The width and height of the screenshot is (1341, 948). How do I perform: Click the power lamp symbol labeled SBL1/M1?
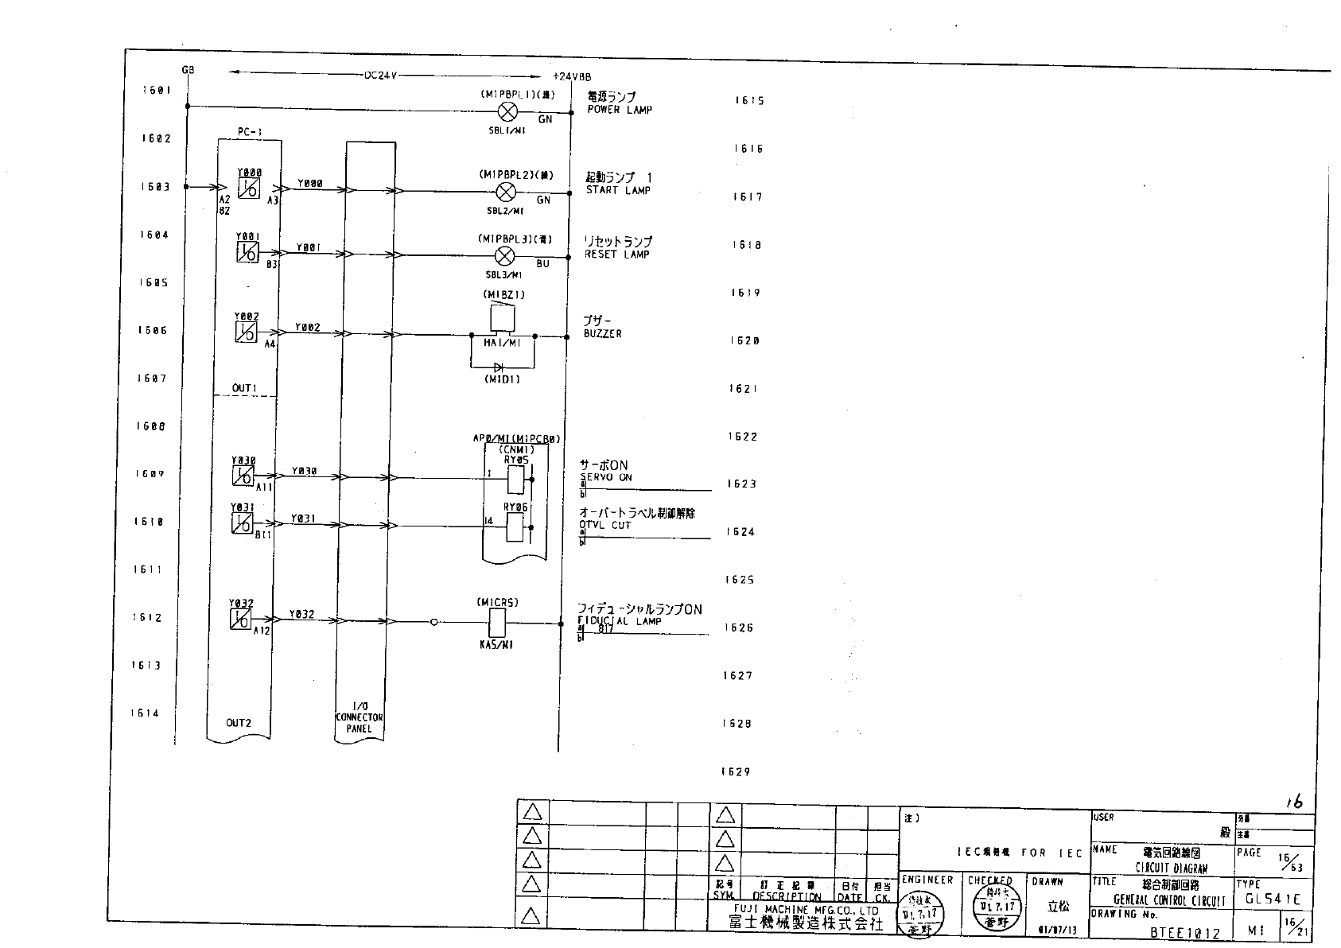pyautogui.click(x=507, y=111)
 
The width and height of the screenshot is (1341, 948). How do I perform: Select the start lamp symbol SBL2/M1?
pyautogui.click(x=505, y=192)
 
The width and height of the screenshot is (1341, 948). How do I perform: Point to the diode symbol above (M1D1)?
pyautogui.click(x=499, y=367)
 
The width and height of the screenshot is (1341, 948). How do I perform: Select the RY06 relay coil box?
pyautogui.click(x=515, y=526)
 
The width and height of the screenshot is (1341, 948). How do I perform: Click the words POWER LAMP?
pyautogui.click(x=620, y=110)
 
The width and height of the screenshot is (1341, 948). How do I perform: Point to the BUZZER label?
pyautogui.click(x=603, y=334)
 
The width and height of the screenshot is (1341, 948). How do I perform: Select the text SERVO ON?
pyautogui.click(x=606, y=477)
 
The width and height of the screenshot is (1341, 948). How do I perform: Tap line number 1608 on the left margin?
pyautogui.click(x=150, y=426)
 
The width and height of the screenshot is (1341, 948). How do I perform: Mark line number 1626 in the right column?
pyautogui.click(x=739, y=627)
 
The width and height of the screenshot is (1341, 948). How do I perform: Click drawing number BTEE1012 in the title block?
pyautogui.click(x=1184, y=934)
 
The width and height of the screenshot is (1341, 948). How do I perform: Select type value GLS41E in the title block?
pyautogui.click(x=1273, y=899)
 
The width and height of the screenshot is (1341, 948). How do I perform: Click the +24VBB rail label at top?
pyautogui.click(x=571, y=77)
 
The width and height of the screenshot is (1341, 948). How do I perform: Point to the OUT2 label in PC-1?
pyautogui.click(x=239, y=723)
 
